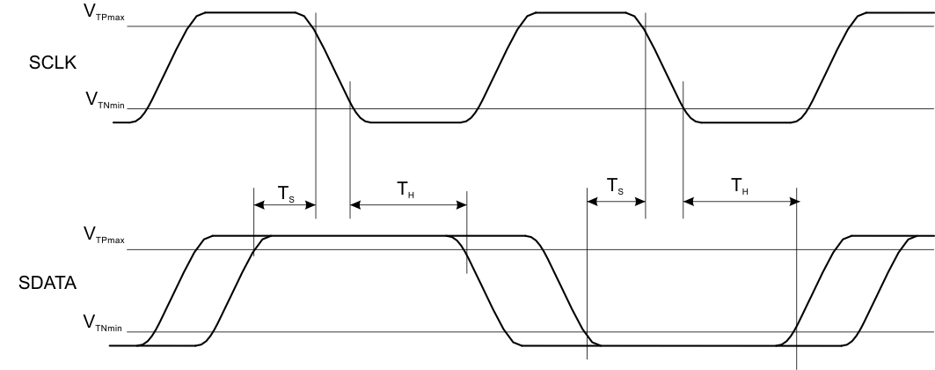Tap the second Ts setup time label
pos(617,187)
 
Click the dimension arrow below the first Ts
pos(284,206)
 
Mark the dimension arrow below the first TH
pos(408,206)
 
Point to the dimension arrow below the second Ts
pos(616,202)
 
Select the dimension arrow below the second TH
pos(740,202)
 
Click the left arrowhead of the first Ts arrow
pos(259,206)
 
